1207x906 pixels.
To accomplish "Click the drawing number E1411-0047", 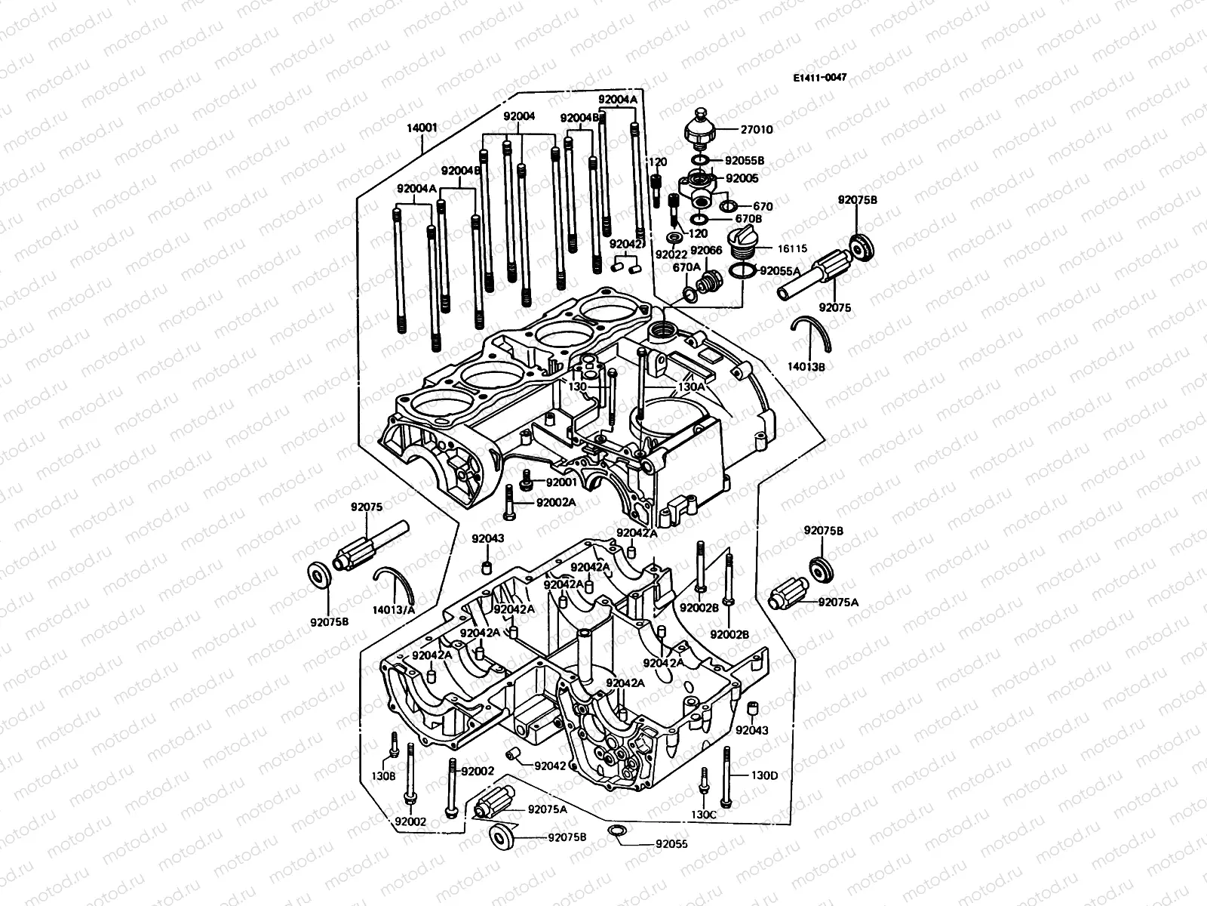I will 820,78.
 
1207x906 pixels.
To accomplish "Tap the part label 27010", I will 757,130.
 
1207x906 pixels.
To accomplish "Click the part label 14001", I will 422,128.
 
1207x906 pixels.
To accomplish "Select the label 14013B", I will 811,365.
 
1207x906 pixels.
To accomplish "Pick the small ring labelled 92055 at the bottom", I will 616,832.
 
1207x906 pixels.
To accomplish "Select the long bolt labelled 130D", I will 726,778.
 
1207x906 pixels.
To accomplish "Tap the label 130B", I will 383,775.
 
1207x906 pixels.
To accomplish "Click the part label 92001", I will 561,482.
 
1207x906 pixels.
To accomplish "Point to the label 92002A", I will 556,502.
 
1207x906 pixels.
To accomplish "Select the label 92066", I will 706,251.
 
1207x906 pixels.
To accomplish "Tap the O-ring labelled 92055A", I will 741,273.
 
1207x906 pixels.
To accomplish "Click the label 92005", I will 742,179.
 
